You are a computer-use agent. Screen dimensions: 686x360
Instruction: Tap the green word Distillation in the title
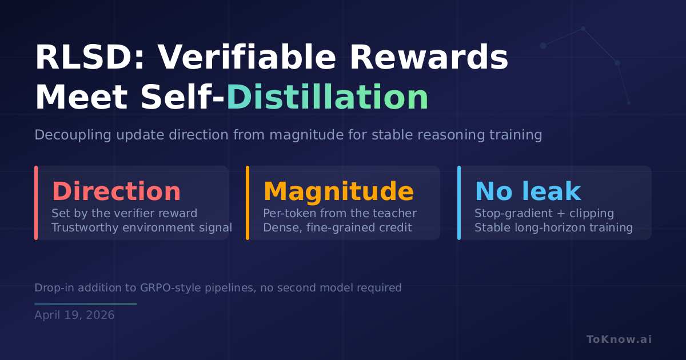(327, 97)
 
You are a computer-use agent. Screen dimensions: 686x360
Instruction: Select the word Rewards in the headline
(429, 57)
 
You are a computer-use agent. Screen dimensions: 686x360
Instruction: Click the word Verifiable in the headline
(247, 57)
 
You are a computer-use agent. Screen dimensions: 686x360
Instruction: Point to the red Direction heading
(116, 191)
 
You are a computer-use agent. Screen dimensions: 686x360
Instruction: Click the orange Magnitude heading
(338, 192)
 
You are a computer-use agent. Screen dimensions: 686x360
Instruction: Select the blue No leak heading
(528, 191)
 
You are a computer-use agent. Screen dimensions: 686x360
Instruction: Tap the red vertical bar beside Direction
(36, 203)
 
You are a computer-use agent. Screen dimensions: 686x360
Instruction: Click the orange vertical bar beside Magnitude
(248, 203)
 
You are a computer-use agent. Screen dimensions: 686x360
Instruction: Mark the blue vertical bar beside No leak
(458, 203)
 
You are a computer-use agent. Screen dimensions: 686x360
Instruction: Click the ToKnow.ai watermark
(619, 339)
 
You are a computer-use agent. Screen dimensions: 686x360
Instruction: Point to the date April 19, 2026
(74, 315)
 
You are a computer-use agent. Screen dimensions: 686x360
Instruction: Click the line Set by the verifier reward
(125, 213)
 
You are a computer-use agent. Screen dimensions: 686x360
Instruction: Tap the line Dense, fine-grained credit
(337, 228)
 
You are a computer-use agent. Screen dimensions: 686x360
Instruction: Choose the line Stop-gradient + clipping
(544, 213)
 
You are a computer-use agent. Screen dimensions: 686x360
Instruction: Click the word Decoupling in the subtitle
(73, 135)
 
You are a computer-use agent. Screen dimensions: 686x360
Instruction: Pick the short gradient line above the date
(86, 304)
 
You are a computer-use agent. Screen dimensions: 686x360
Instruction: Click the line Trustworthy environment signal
(142, 228)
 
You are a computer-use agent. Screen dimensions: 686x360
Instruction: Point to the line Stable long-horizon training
(554, 228)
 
